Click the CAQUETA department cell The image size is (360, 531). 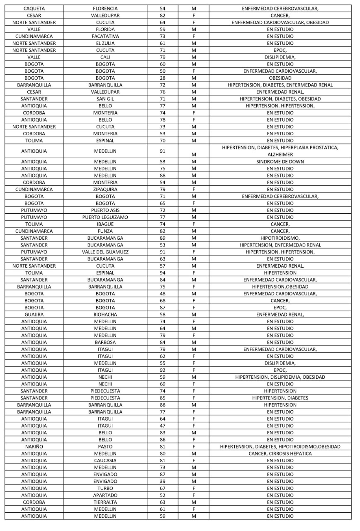point(34,8)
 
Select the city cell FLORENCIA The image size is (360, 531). point(105,8)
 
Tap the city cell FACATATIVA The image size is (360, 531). point(105,36)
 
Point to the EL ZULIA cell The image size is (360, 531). point(105,43)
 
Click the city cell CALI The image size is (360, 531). point(105,57)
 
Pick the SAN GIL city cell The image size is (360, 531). point(105,99)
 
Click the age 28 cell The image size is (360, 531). point(162,78)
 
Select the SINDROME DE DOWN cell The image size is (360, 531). point(280,161)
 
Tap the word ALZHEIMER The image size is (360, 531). point(280,154)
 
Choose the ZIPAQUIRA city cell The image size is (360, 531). point(105,189)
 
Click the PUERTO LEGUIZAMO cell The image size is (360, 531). point(105,217)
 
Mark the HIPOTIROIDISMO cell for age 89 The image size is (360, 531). point(280,238)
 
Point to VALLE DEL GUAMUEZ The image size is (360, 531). point(105,252)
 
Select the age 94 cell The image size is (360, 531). point(162,273)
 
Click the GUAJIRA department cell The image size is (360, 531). point(34,314)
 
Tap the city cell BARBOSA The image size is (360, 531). point(105,342)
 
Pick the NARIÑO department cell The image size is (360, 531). point(34,446)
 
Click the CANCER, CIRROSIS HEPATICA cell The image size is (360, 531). point(280,453)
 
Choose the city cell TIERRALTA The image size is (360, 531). point(105,502)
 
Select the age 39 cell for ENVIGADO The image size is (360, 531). point(162,481)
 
